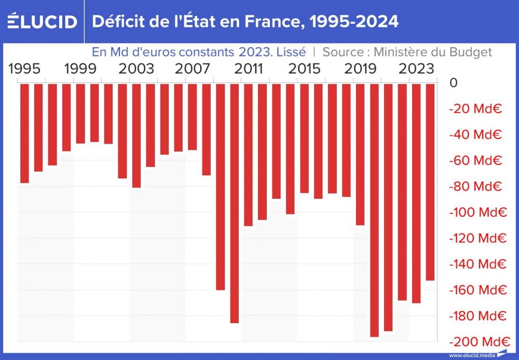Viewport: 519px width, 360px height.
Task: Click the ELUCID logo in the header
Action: (42, 22)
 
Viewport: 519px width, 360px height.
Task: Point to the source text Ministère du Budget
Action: (433, 52)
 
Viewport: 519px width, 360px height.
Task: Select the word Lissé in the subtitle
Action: (291, 52)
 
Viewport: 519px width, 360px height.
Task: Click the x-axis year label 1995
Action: (24, 68)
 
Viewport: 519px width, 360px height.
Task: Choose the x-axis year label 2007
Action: (193, 68)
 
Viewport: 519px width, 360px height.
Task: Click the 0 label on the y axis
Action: (454, 83)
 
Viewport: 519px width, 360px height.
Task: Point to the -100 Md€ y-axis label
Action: (477, 212)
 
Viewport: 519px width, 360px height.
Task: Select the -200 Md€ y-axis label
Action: (477, 342)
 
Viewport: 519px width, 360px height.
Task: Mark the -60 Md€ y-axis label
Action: (475, 160)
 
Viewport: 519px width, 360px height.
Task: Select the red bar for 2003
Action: (136, 135)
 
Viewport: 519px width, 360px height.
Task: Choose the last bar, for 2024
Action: (430, 182)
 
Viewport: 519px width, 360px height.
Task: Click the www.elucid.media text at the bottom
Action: (472, 355)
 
